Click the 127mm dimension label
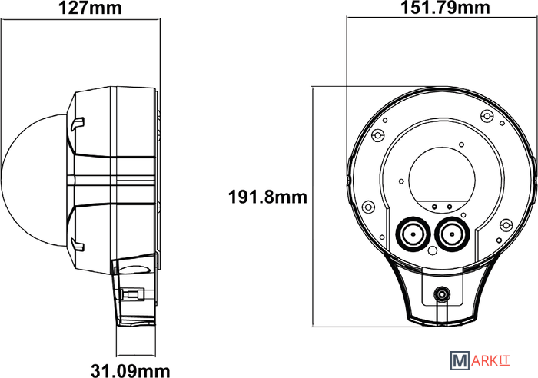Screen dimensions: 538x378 click(90, 8)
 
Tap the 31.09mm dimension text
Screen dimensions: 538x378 click(131, 371)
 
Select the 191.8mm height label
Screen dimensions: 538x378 click(267, 197)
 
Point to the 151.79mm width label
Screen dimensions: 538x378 click(445, 8)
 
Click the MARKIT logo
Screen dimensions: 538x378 click(480, 361)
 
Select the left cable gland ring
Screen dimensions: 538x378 click(413, 234)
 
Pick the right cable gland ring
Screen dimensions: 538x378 click(452, 234)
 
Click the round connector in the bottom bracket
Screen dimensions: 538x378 click(442, 294)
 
